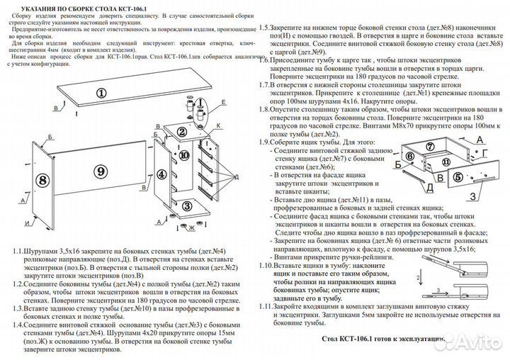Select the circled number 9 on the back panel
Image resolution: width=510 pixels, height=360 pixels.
[101, 171]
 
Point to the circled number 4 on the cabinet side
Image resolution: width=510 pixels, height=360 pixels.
[162, 173]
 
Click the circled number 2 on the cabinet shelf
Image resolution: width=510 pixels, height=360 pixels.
[181, 132]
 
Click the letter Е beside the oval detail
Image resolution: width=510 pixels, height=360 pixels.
[224, 103]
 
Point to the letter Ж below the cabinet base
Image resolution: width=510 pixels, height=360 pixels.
[191, 227]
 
